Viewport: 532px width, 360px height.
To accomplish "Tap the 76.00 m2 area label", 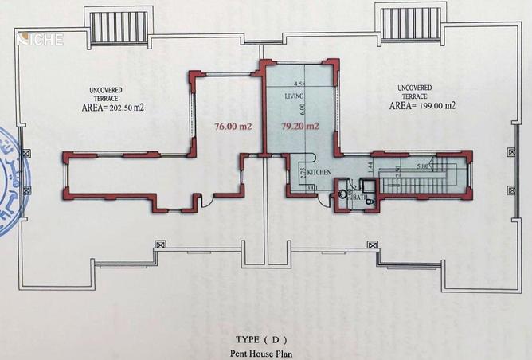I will [233, 125].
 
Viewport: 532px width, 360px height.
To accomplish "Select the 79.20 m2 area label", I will [300, 125].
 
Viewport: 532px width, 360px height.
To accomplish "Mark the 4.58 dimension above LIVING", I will [299, 84].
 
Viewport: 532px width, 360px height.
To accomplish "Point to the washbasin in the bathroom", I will [342, 193].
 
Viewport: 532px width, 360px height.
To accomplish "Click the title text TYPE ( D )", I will [265, 337].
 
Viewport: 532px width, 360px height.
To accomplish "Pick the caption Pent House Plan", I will [266, 351].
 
